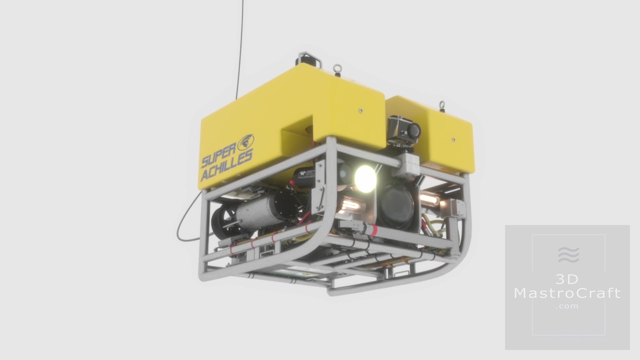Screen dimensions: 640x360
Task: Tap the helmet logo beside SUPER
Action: (245, 142)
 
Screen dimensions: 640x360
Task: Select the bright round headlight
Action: (365, 179)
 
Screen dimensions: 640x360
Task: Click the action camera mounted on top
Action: (403, 131)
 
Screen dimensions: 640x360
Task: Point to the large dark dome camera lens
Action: (397, 204)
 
